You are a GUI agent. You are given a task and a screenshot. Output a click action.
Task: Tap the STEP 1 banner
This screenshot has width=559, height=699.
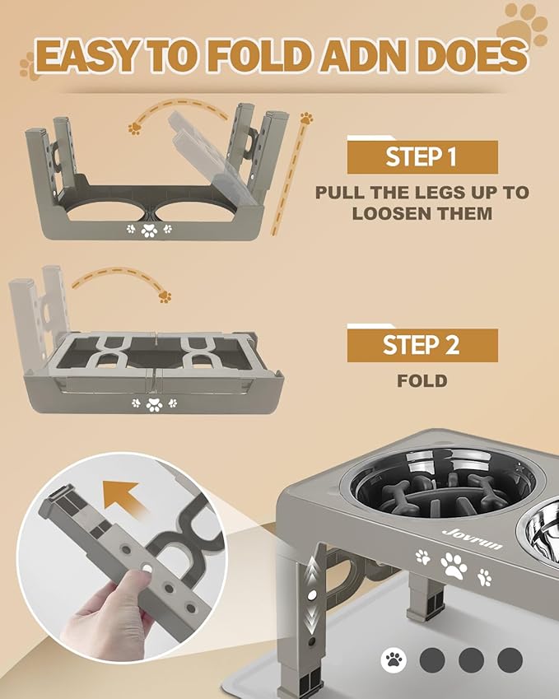pyautogui.click(x=422, y=157)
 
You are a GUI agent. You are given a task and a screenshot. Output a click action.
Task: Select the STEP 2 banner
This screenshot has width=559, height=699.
pyautogui.click(x=422, y=345)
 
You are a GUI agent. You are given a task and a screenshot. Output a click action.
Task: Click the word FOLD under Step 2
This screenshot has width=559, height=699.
pyautogui.click(x=422, y=381)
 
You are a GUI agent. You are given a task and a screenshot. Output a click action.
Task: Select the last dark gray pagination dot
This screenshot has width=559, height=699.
pyautogui.click(x=510, y=659)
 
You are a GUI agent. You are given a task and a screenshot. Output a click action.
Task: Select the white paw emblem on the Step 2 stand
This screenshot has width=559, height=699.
pyautogui.click(x=153, y=403)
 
